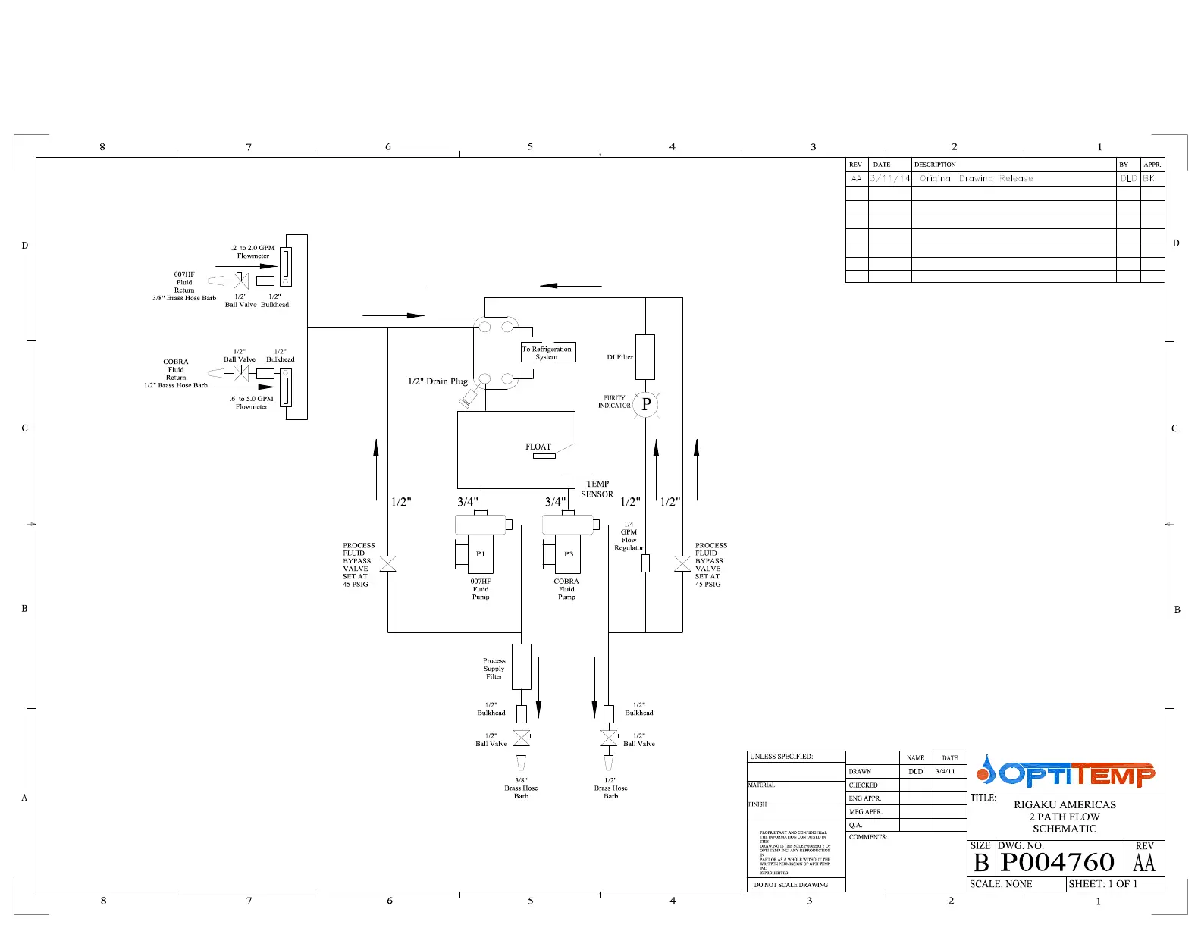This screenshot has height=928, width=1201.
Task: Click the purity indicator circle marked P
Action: point(646,404)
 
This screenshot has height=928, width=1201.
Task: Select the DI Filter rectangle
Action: point(645,356)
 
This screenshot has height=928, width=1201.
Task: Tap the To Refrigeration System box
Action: point(547,353)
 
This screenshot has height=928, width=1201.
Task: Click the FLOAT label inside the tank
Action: point(538,447)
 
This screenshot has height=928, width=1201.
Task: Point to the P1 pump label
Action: point(481,553)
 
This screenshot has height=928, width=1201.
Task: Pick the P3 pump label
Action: point(569,553)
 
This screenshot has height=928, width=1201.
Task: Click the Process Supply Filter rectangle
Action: point(522,666)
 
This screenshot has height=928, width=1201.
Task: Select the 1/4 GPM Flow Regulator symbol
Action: point(645,563)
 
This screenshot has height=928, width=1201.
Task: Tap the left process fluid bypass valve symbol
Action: point(387,564)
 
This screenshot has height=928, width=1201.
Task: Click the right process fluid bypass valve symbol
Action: point(682,564)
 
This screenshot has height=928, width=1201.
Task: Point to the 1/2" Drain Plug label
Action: point(437,381)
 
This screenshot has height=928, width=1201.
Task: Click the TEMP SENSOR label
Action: point(597,489)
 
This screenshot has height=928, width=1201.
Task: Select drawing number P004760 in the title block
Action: point(1058,863)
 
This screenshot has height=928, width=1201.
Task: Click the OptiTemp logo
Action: point(1066,773)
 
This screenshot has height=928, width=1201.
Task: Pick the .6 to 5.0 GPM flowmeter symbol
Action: point(286,387)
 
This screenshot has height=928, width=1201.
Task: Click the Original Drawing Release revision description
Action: point(977,179)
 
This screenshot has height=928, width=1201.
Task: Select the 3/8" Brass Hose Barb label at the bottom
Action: point(521,788)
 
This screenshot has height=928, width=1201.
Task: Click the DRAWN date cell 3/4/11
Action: point(945,771)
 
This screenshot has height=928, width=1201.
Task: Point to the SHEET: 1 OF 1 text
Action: point(1103,884)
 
